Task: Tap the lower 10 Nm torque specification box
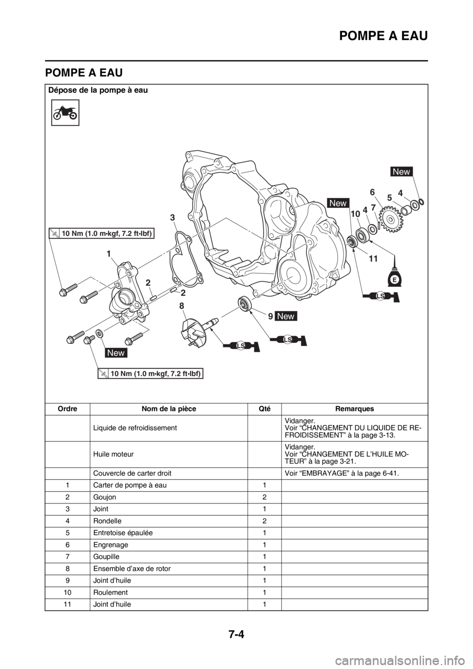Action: pos(150,373)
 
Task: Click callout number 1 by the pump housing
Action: pos(107,253)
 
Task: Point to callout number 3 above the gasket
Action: pos(172,217)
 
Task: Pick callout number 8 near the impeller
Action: pos(182,306)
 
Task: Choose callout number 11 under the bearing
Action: pos(372,258)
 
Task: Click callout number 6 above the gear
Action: pos(372,191)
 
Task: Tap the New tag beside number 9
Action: pos(286,316)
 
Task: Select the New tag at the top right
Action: pos(401,171)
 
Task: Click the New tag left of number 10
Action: pos(338,203)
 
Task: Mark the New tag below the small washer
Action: pos(116,353)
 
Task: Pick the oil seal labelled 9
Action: pos(245,303)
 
